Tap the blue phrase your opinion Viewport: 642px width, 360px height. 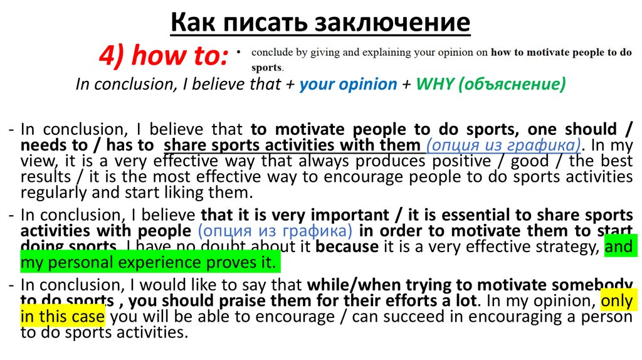(348, 84)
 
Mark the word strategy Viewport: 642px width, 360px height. (555, 246)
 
